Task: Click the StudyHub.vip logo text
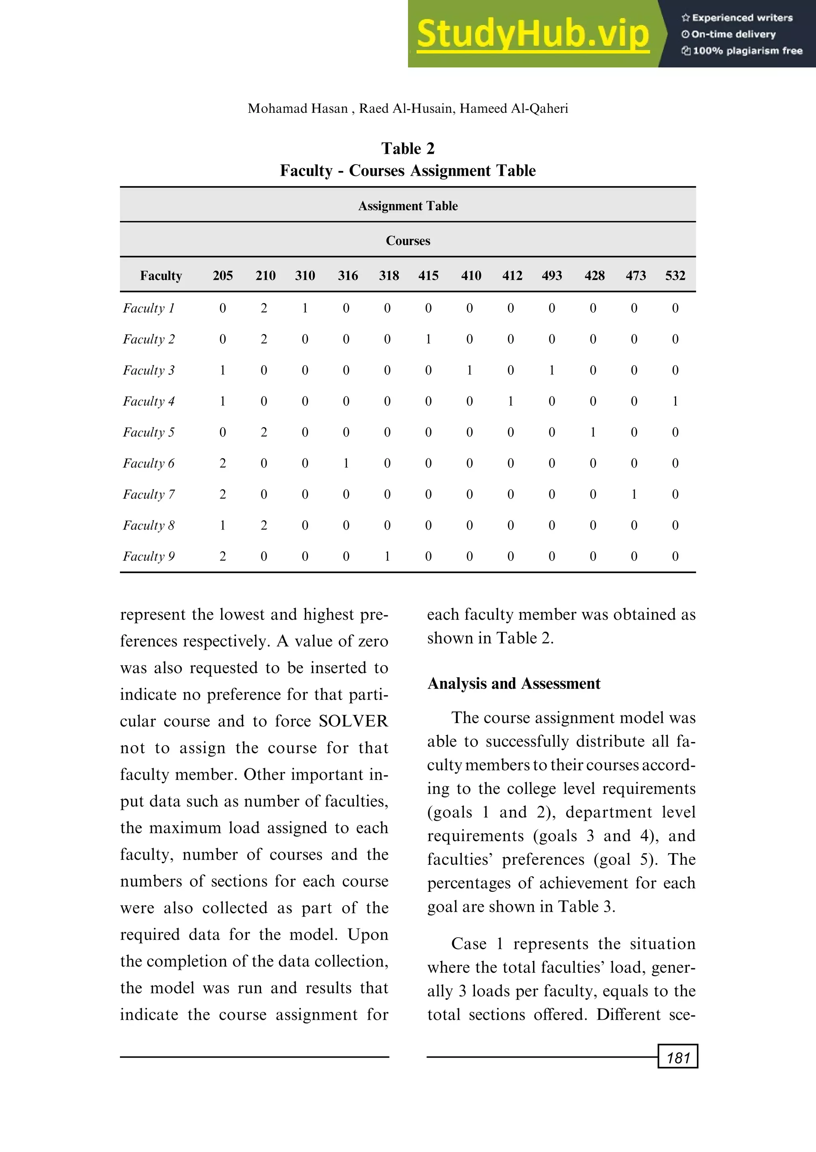(x=533, y=34)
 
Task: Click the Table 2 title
(x=408, y=149)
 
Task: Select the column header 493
(x=552, y=275)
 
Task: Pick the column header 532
(x=675, y=275)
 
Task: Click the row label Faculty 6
(x=148, y=463)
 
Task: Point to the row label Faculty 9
(x=148, y=556)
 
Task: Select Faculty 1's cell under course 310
(x=305, y=308)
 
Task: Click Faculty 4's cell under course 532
(x=675, y=401)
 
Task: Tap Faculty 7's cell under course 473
(x=634, y=494)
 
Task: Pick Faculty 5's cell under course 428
(x=593, y=432)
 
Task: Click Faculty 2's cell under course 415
(x=428, y=339)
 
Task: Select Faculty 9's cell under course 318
(x=387, y=556)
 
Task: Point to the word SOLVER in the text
(x=353, y=721)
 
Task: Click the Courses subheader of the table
(x=408, y=241)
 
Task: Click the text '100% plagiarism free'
(x=747, y=51)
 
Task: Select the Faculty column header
(x=161, y=275)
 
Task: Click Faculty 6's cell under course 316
(x=346, y=463)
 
